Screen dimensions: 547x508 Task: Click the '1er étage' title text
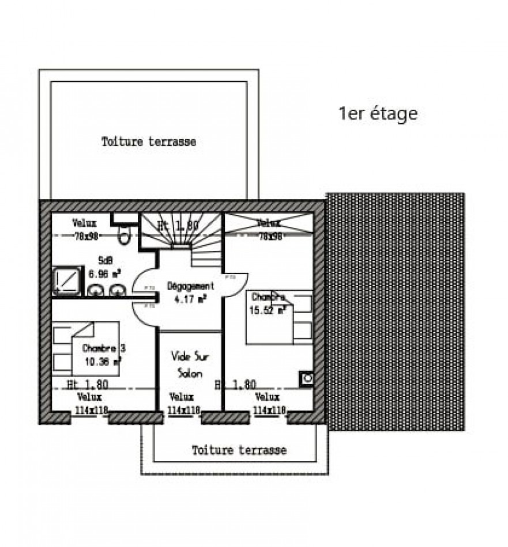pos(378,114)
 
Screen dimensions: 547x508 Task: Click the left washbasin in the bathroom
pos(96,289)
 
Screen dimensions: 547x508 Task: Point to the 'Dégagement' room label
pos(191,286)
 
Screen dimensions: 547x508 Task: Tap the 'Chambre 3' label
pos(104,348)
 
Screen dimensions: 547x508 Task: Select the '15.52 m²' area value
pos(268,310)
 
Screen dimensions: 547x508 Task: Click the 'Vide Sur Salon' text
pos(190,364)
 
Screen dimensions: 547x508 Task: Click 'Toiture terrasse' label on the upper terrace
pos(148,142)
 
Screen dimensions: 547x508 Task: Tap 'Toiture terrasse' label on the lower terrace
pos(239,450)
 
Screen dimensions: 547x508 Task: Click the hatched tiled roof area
pos(396,311)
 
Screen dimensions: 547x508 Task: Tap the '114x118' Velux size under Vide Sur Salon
pos(183,410)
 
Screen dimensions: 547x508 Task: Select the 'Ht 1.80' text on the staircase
pos(178,226)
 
